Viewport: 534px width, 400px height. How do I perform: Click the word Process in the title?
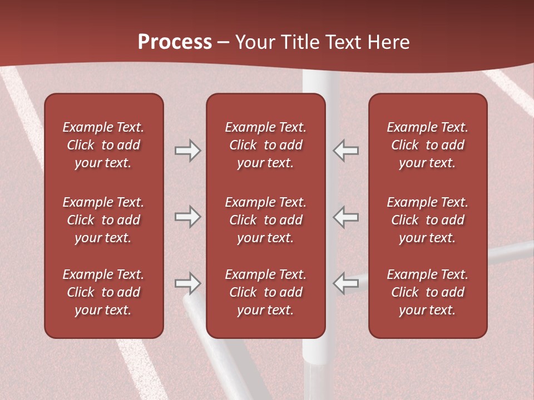(175, 42)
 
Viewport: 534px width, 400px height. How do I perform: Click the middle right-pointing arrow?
(187, 217)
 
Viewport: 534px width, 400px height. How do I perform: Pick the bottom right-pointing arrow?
(187, 283)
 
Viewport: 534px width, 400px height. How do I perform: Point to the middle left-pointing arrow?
(346, 217)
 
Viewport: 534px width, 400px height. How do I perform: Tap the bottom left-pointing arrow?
(346, 283)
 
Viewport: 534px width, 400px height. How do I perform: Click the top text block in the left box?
(103, 145)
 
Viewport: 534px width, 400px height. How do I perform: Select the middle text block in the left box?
(103, 220)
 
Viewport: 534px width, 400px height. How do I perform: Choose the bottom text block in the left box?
(103, 292)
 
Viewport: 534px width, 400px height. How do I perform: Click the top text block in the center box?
(265, 145)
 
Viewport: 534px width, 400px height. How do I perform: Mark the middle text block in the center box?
(265, 220)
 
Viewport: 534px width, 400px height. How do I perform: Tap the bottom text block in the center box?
(265, 292)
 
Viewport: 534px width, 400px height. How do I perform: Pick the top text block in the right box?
(427, 145)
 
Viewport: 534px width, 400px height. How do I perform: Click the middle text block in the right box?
(427, 220)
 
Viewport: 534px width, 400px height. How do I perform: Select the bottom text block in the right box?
(427, 292)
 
